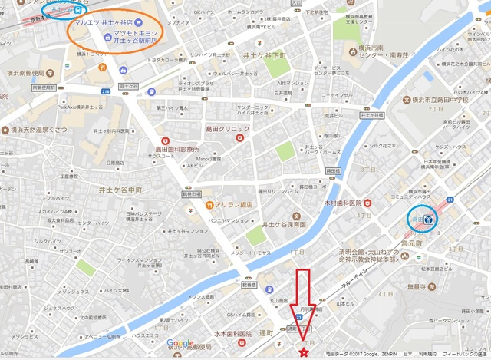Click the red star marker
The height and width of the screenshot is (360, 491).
pos(304,353)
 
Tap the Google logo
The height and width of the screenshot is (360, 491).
pos(180,344)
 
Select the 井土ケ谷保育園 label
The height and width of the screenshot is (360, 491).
pos(285,225)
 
